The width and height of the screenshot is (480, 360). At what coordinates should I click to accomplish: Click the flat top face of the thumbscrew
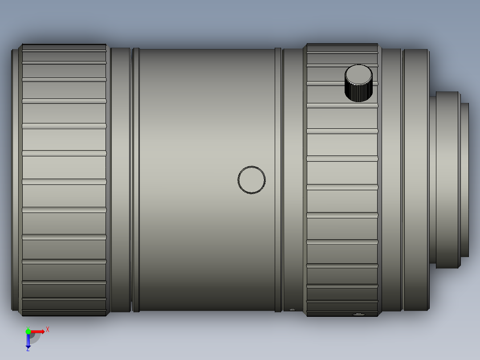click(358, 74)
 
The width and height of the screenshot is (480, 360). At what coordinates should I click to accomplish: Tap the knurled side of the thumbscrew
click(358, 93)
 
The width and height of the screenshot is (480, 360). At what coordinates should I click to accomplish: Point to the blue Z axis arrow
click(28, 341)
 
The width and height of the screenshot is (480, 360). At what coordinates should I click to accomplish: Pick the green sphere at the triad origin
click(28, 331)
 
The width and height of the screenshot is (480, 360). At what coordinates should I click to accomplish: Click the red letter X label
click(48, 329)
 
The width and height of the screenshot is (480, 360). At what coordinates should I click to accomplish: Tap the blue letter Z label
click(28, 349)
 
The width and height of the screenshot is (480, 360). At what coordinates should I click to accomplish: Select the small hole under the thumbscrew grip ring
click(358, 315)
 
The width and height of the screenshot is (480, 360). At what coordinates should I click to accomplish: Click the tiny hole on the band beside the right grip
click(292, 309)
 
